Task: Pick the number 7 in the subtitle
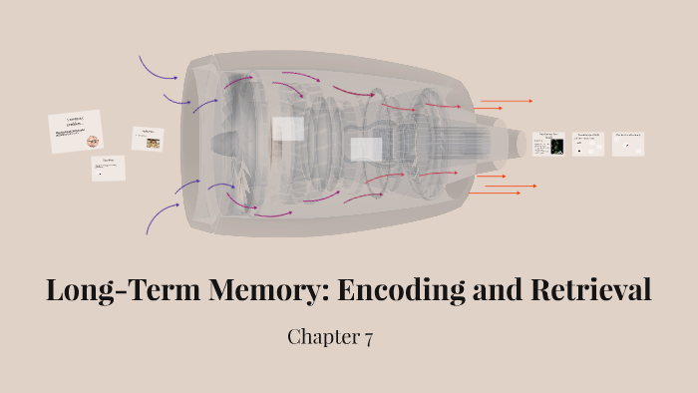click(368, 337)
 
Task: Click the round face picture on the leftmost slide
click(93, 141)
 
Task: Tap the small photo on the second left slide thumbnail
click(153, 143)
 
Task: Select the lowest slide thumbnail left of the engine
click(109, 168)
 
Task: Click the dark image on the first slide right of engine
click(556, 147)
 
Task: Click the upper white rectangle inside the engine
click(288, 129)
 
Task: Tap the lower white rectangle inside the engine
click(366, 150)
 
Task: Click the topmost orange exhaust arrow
click(506, 101)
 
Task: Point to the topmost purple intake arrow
click(157, 68)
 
